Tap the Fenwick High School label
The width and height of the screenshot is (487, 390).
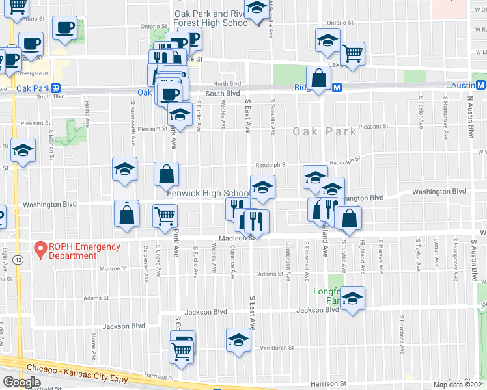pos(208,194)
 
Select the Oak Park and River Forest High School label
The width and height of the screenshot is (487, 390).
pos(212,18)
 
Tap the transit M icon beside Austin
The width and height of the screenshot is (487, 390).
pos(480,85)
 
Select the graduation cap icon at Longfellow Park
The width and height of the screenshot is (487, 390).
pos(353,298)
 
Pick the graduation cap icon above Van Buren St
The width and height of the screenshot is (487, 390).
pos(238,340)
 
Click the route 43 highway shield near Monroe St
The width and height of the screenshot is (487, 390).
pos(14,259)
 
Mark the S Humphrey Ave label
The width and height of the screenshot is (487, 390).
pos(445,118)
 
